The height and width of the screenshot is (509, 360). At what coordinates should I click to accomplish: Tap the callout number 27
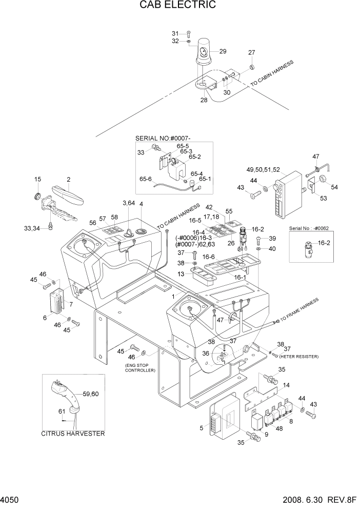coord(251,53)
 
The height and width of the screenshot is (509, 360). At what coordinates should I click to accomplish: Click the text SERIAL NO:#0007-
coord(166,139)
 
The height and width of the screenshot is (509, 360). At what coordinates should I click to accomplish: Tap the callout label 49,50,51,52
coord(263,169)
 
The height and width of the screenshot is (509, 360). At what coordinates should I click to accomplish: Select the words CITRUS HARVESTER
coord(73,434)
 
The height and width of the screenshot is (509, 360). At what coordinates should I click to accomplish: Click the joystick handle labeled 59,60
coord(64,395)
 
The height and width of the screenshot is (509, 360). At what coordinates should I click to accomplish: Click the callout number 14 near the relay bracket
coord(286,384)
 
